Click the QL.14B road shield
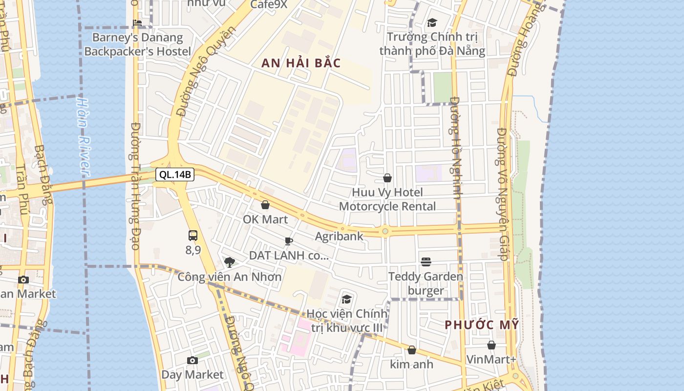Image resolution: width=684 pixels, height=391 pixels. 174,174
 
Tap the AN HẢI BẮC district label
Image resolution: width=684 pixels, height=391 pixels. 301,63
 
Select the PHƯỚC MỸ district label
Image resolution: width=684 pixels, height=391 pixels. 481,325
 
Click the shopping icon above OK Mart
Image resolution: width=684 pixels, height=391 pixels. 265,205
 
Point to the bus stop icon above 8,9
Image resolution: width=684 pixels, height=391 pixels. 193,236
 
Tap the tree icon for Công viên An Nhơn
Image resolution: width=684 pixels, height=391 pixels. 229,262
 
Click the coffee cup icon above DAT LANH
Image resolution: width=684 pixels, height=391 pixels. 289,241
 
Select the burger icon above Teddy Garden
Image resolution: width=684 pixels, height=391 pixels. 426,262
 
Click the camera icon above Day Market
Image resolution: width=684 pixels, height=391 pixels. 192,361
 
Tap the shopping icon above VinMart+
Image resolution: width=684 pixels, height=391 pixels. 492,345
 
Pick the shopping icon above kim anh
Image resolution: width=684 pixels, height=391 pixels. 412,350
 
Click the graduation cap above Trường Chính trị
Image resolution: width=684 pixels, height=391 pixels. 432,22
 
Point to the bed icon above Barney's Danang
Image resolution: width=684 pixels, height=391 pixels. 137,22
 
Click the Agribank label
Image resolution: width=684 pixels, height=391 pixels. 339,237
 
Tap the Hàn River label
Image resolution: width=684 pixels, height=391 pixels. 84,137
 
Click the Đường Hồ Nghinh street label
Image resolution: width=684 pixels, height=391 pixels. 456,148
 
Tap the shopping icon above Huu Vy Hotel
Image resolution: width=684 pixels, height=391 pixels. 387,178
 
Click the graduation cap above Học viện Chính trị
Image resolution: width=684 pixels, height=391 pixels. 346,299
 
